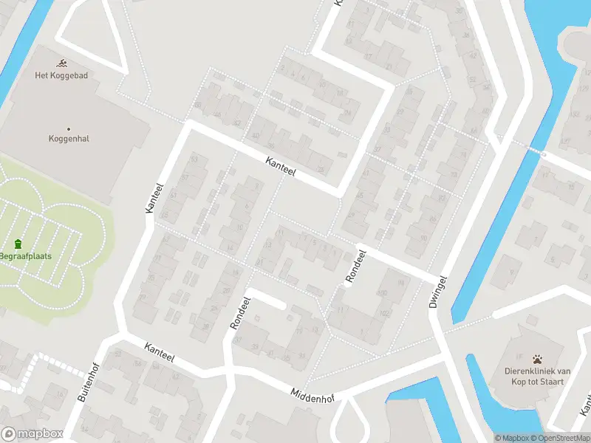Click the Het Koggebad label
61,75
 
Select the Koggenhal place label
69,138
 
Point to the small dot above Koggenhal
69,128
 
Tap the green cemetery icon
18,244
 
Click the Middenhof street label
312,395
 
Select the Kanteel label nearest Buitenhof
160,352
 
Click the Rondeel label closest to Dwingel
355,266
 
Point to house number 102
383,312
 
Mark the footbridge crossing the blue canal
533,151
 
